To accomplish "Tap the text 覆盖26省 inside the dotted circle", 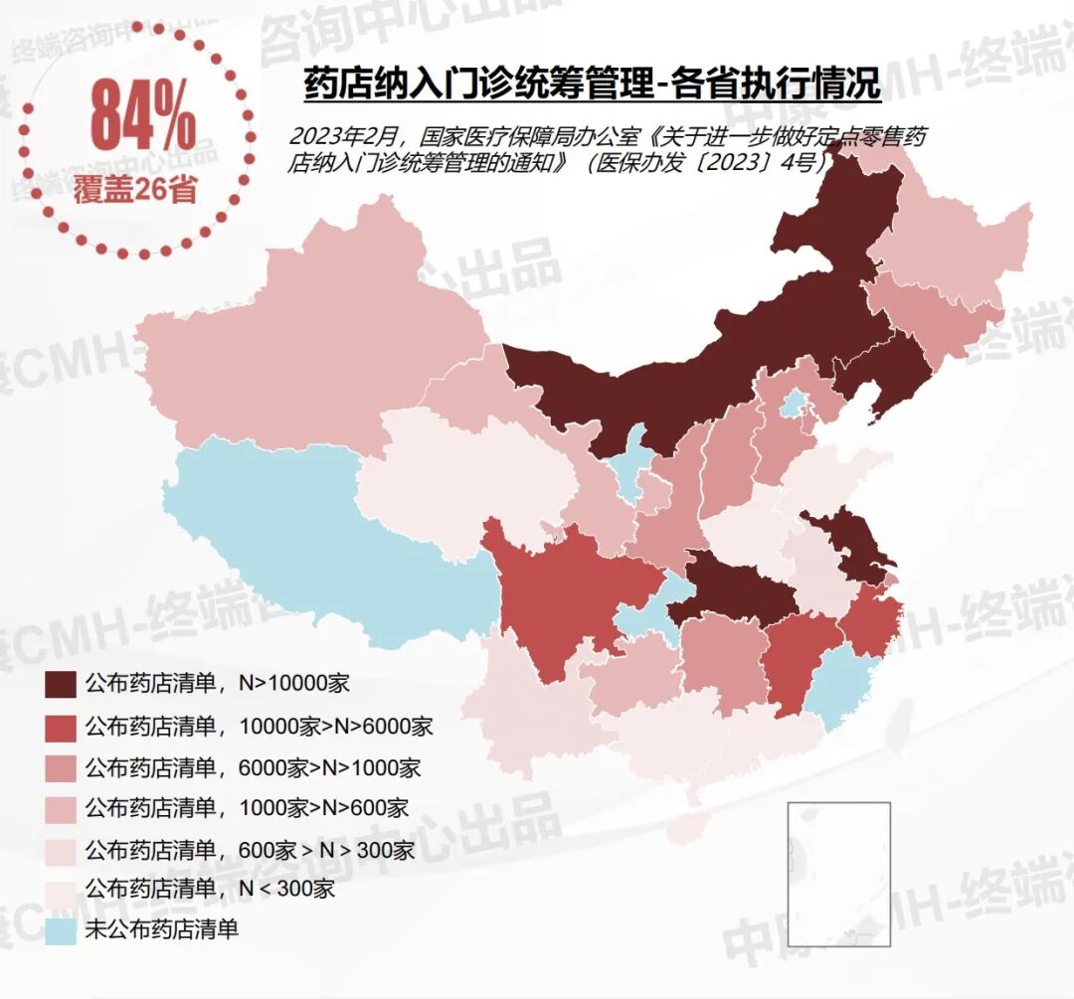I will pyautogui.click(x=134, y=188).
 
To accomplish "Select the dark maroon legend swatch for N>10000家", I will pyautogui.click(x=61, y=684).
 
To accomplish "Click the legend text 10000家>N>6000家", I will pyautogui.click(x=335, y=726).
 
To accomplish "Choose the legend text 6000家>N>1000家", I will pyautogui.click(x=329, y=767).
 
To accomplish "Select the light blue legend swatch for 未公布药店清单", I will pyautogui.click(x=61, y=930).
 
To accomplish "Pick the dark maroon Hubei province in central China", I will pyautogui.click(x=736, y=586).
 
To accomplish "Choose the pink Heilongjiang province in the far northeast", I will pyautogui.click(x=955, y=249).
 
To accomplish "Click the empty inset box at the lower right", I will pyautogui.click(x=838, y=873).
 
